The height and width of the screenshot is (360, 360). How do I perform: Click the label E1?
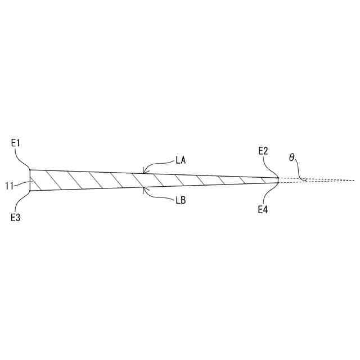point(16,143)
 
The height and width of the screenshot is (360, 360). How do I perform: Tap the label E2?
point(263,151)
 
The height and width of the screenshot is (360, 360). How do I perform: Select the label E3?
point(16,218)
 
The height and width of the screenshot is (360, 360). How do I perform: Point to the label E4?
point(263,210)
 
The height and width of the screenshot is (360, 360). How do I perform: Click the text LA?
point(181,160)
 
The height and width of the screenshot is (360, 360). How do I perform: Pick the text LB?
point(181,200)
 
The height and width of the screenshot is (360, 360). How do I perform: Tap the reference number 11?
point(10,184)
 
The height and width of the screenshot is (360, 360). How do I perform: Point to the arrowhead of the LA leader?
point(144,172)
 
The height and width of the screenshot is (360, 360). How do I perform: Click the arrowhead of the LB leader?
point(144,188)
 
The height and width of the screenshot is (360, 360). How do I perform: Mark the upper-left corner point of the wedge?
point(30,169)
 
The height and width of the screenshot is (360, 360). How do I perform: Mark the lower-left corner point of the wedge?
point(30,191)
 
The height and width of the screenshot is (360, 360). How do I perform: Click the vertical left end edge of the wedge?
point(30,180)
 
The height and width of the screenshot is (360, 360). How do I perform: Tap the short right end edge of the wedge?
point(279,180)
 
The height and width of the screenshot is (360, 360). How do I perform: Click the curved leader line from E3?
point(25,201)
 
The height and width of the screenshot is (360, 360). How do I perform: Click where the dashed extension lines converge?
point(353,180)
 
